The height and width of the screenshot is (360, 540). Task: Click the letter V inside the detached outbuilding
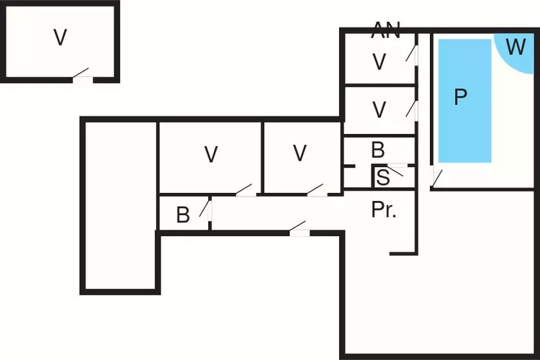[60, 38]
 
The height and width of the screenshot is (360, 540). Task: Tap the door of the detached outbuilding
[84, 77]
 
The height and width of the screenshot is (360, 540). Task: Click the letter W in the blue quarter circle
[516, 48]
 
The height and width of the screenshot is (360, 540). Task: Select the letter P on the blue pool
[461, 98]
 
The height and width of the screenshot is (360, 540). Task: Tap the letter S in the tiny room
[383, 177]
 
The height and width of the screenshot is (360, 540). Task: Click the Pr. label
[384, 210]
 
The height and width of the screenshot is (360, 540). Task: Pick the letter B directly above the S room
[378, 150]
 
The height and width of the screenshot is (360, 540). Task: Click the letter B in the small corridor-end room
[183, 215]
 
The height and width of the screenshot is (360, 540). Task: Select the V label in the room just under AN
[379, 62]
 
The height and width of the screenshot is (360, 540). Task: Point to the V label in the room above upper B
[379, 110]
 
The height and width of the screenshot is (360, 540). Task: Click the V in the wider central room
[210, 154]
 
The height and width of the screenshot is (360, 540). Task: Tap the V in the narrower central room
[300, 153]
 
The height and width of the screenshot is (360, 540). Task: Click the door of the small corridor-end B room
[207, 210]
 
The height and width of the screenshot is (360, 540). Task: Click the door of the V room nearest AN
[413, 54]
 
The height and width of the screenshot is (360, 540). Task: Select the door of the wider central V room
[244, 192]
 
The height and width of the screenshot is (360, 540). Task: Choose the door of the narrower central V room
[313, 191]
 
